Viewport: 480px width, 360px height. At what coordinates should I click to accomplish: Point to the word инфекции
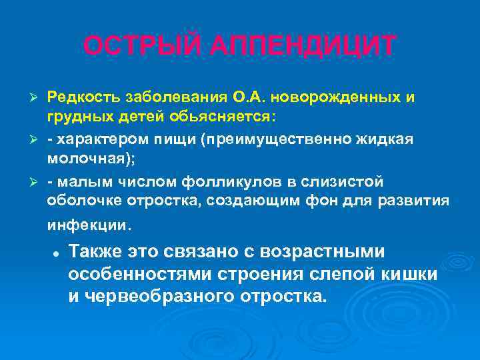89,225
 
